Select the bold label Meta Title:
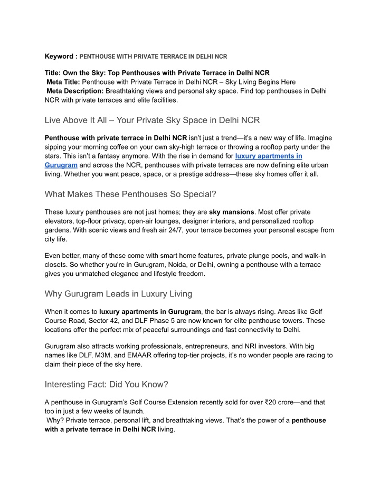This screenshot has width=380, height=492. pos(63,82)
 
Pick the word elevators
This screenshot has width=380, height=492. pos(60,221)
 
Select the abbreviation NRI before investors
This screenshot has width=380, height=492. pos(281,347)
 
